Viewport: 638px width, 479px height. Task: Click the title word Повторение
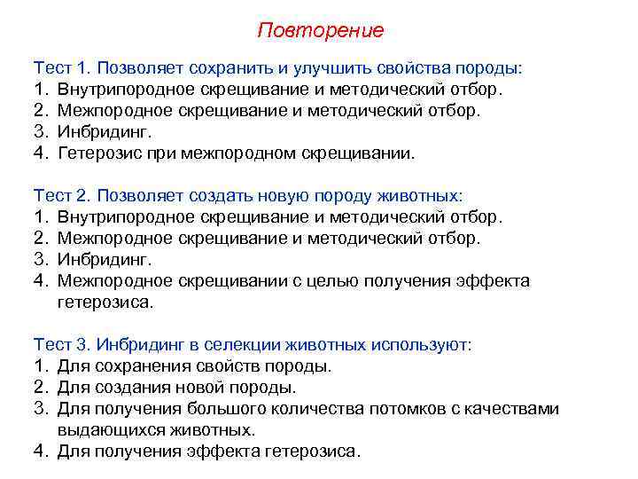(321, 30)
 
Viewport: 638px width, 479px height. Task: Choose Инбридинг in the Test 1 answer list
(104, 132)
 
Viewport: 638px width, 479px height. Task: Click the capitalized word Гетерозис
(100, 153)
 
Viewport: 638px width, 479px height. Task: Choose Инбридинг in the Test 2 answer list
(104, 259)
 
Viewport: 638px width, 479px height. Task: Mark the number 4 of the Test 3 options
(39, 451)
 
